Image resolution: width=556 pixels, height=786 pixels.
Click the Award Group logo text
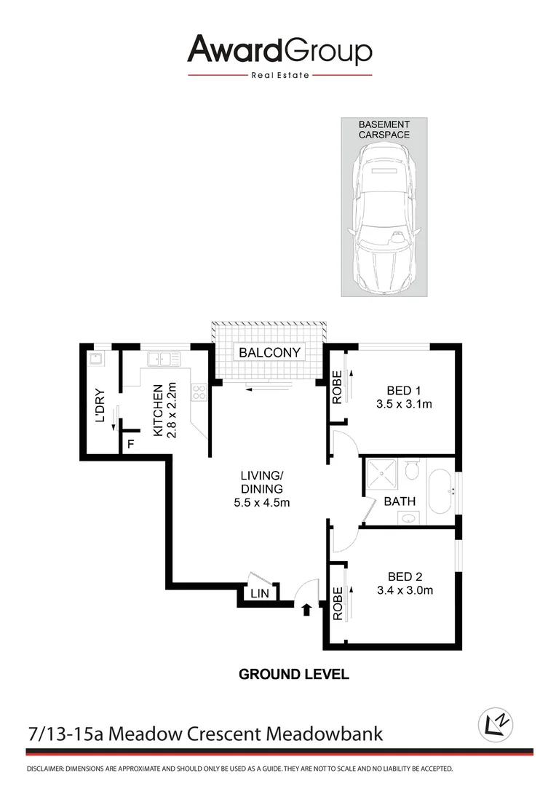279,50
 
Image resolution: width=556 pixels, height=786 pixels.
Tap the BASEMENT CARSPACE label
384,130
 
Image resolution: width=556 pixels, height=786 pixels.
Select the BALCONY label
270,353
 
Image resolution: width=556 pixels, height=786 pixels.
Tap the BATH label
400,501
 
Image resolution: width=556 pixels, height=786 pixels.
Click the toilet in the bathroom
411,472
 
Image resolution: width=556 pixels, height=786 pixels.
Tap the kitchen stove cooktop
199,392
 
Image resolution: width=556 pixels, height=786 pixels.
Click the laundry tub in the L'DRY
95,359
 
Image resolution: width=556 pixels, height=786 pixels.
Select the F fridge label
131,443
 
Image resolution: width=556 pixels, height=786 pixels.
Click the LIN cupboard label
259,594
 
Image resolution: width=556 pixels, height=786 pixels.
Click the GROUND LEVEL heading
294,674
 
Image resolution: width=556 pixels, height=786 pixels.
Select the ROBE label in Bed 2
337,603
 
